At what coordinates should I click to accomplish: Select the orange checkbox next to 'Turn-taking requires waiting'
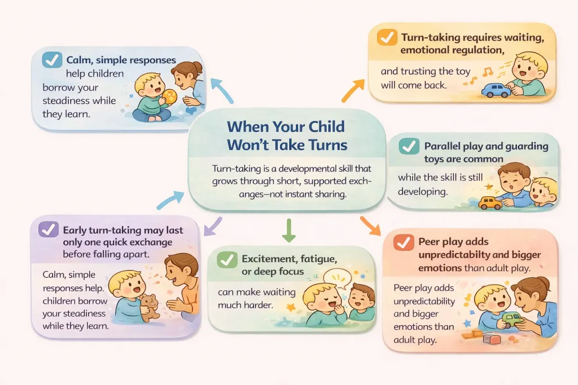pyautogui.click(x=387, y=38)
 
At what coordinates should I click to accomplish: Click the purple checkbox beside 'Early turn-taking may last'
pyautogui.click(x=49, y=230)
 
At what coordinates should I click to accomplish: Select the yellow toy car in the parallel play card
pyautogui.click(x=490, y=202)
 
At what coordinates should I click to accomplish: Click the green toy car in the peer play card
pyautogui.click(x=512, y=320)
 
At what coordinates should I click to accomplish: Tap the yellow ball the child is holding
pyautogui.click(x=169, y=96)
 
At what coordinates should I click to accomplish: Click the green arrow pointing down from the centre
pyautogui.click(x=288, y=231)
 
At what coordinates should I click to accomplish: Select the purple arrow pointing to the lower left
pyautogui.click(x=212, y=225)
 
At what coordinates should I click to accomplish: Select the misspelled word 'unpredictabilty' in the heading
pyautogui.click(x=462, y=255)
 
